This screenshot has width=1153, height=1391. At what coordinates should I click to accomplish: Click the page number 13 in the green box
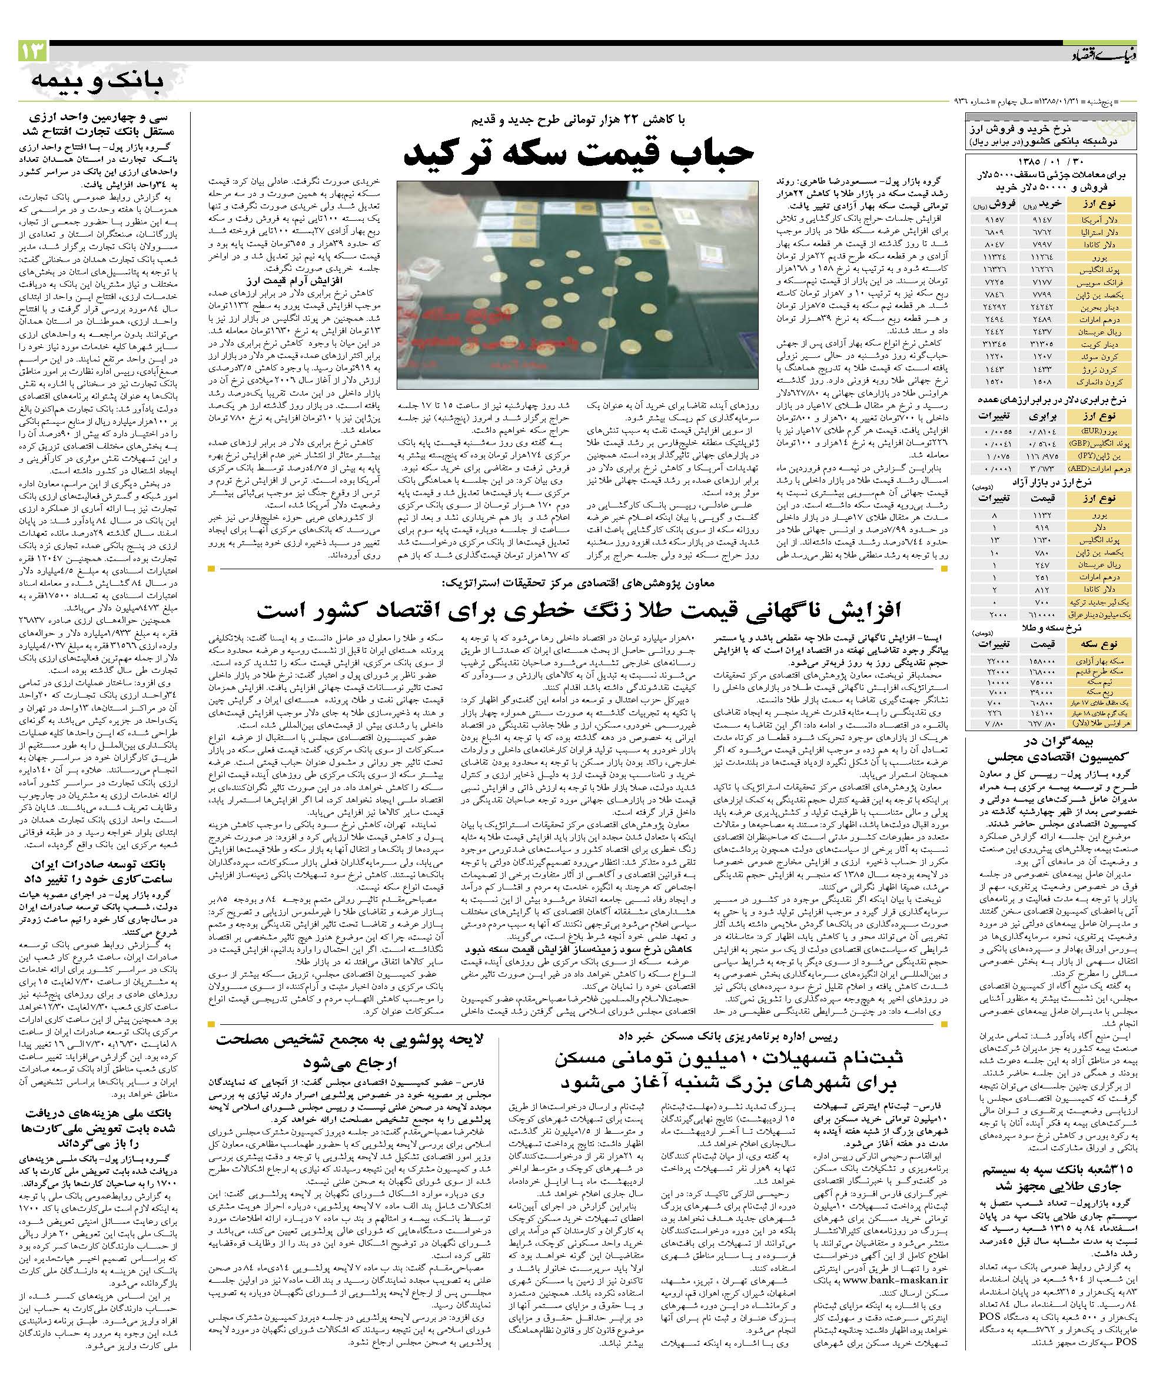(32, 52)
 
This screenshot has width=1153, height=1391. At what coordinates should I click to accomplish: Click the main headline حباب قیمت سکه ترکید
(579, 154)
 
